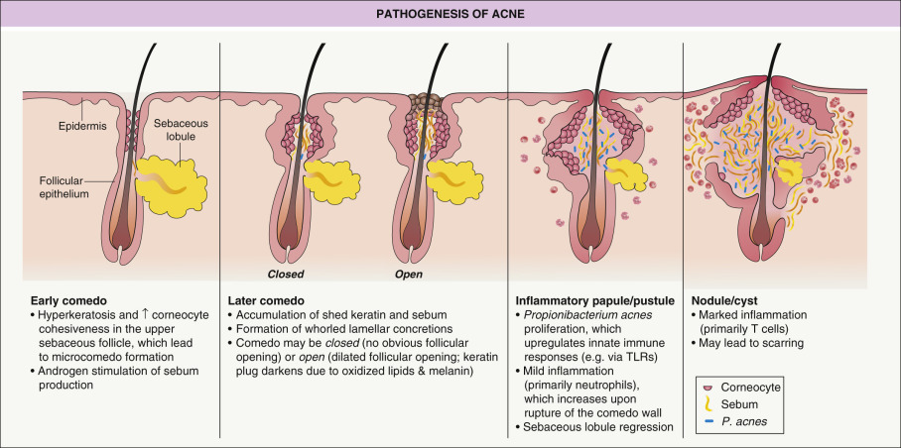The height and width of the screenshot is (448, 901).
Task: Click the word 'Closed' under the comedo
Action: point(285,274)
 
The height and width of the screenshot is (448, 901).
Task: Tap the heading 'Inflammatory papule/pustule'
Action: point(593,299)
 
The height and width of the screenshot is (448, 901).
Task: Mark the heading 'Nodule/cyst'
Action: point(722,299)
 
